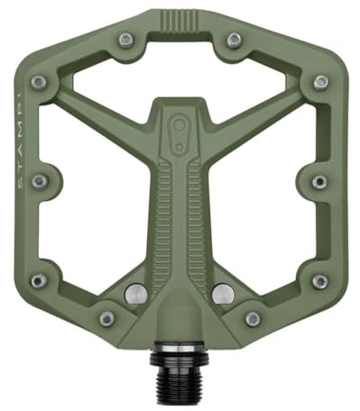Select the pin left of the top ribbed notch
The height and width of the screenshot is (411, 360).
[126, 39]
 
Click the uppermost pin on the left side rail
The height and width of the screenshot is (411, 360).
[39, 83]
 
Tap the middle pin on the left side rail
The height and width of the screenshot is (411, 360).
[38, 181]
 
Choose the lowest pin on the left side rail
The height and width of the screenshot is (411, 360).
[38, 282]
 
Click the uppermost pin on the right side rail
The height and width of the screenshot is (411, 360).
[320, 83]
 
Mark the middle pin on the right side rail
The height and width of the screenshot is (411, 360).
[319, 181]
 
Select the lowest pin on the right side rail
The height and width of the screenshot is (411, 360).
[320, 282]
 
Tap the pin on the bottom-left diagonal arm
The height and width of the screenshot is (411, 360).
[106, 318]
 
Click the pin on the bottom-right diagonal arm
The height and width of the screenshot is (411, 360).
[252, 318]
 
